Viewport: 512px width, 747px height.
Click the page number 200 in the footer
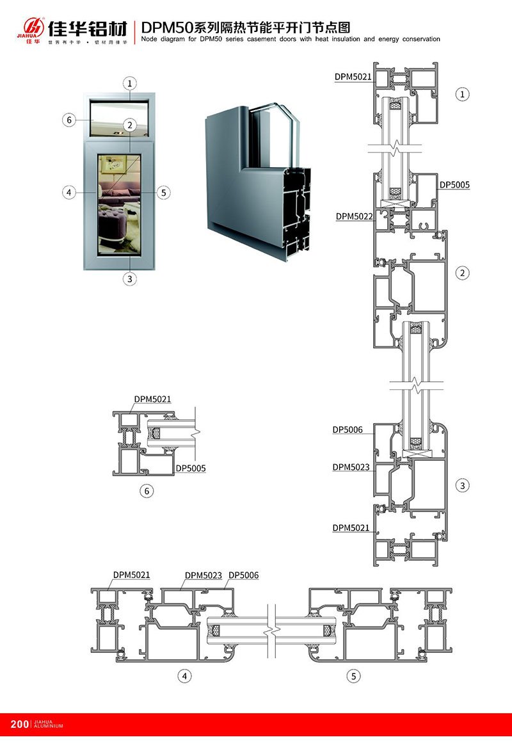(x=19, y=724)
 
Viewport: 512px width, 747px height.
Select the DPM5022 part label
(x=354, y=216)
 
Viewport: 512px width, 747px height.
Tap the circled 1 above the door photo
(x=130, y=83)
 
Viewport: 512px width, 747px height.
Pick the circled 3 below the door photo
(x=130, y=278)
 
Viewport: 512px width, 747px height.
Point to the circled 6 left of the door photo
(x=70, y=120)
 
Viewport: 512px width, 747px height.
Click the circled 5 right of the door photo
(x=163, y=192)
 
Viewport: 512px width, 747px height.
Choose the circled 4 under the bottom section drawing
(x=185, y=675)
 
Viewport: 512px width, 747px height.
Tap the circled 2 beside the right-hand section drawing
(x=462, y=273)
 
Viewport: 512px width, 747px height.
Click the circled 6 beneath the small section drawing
(x=148, y=491)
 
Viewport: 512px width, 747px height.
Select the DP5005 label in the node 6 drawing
(x=191, y=469)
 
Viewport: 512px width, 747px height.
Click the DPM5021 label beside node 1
(x=353, y=77)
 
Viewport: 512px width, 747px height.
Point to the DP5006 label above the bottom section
(x=243, y=575)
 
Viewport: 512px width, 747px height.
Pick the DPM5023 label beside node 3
(x=351, y=467)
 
